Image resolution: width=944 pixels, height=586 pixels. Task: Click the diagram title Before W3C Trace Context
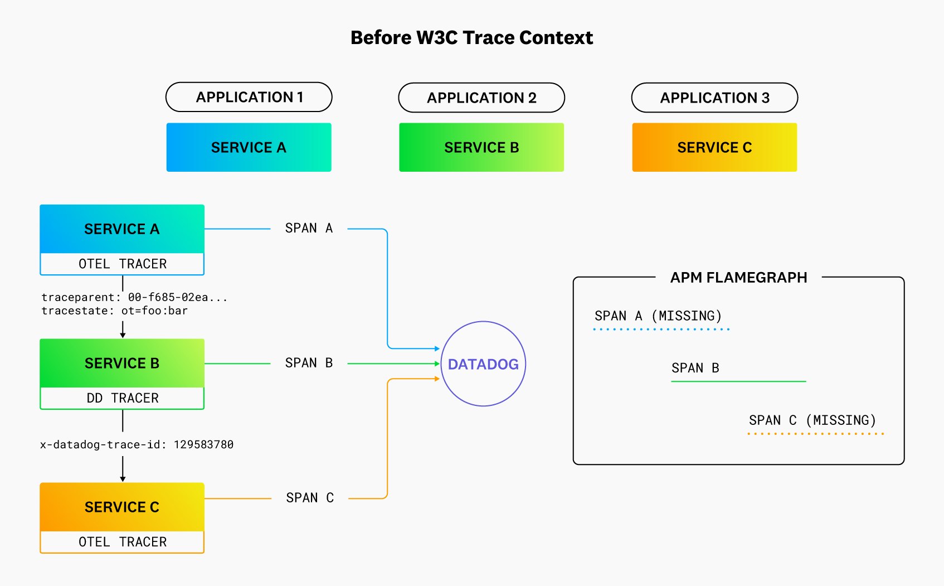click(x=471, y=37)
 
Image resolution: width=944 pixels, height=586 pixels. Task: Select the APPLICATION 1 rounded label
click(x=249, y=97)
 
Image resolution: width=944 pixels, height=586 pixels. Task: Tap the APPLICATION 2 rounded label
click(x=481, y=98)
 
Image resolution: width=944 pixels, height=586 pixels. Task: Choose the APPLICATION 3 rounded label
click(x=714, y=98)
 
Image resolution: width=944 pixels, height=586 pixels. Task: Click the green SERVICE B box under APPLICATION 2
click(x=481, y=147)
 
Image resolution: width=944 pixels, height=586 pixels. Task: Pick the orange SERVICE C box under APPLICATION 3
click(x=714, y=147)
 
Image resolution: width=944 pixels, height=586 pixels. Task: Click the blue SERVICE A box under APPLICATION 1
click(x=249, y=147)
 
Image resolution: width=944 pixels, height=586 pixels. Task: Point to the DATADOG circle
click(x=483, y=364)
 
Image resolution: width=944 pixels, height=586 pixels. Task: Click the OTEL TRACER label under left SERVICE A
click(x=122, y=264)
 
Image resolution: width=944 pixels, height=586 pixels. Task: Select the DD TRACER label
click(x=122, y=398)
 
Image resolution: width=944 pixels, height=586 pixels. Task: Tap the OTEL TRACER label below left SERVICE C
click(x=122, y=542)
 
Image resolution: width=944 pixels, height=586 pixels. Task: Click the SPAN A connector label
click(x=309, y=228)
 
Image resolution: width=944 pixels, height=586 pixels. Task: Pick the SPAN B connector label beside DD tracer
click(x=309, y=363)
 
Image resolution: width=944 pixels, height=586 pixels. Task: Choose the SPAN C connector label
click(x=310, y=498)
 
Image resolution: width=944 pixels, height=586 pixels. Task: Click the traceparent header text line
click(x=134, y=297)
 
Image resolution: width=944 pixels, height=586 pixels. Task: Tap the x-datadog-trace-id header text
click(x=137, y=444)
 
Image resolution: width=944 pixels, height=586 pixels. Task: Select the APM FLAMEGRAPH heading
click(x=738, y=278)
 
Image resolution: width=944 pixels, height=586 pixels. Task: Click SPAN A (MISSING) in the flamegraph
click(x=658, y=316)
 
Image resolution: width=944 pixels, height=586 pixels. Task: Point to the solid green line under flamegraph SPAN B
click(x=738, y=381)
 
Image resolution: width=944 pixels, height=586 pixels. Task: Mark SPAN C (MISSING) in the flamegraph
click(x=812, y=420)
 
